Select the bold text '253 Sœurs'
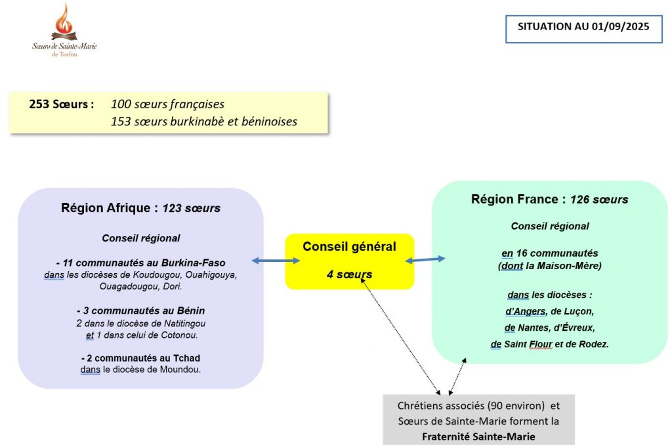click(x=61, y=104)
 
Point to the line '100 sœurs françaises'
click(x=167, y=104)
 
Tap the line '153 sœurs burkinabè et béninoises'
click(x=204, y=121)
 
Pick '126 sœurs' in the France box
click(x=599, y=200)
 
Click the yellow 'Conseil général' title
click(x=349, y=247)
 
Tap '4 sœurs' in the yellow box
click(x=349, y=274)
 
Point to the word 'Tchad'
click(x=186, y=358)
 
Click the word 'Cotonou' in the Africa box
click(x=178, y=336)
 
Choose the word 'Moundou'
click(x=178, y=370)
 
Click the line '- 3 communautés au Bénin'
click(x=140, y=310)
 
